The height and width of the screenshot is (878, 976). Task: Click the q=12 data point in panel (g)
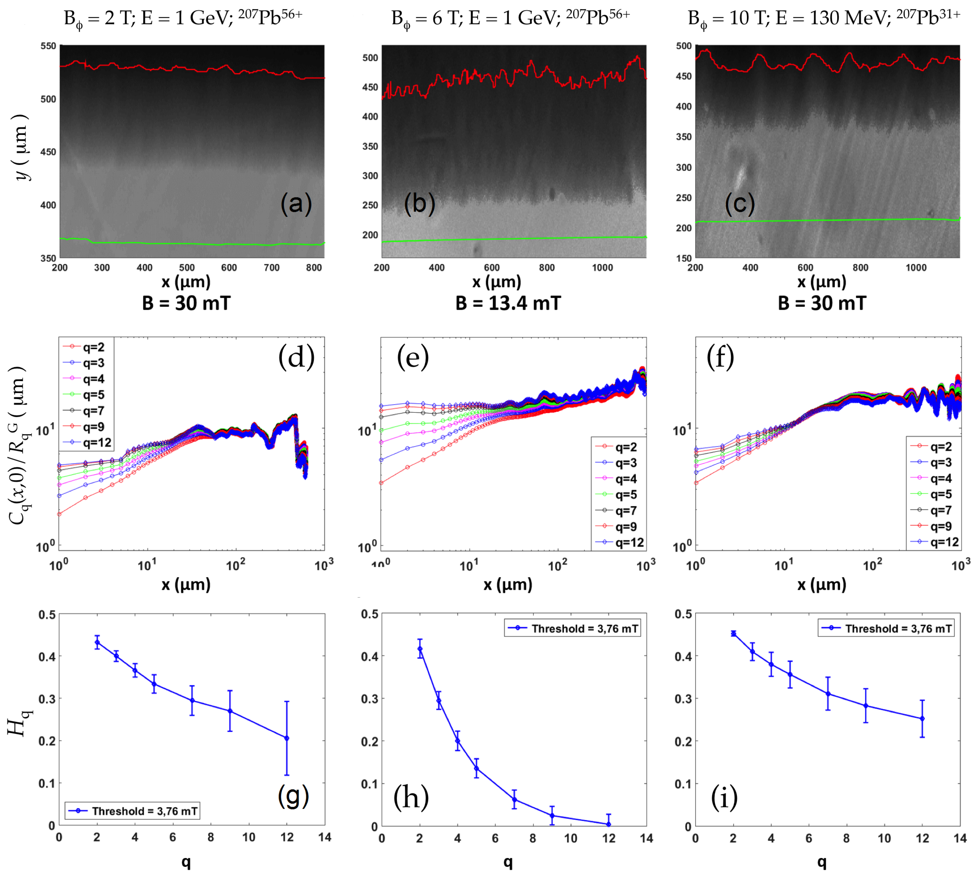tap(287, 738)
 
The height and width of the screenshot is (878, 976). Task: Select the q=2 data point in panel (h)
tap(420, 649)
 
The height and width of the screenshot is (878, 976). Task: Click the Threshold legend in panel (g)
tap(133, 811)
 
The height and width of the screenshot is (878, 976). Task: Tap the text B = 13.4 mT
tap(508, 303)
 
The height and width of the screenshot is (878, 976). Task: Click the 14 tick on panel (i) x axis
tap(960, 838)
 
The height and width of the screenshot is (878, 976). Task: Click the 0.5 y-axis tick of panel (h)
tap(370, 614)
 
